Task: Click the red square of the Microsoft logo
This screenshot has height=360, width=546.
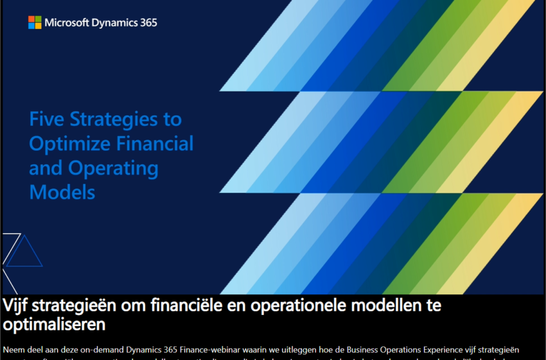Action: click(31, 19)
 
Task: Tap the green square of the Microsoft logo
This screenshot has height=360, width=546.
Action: click(38, 19)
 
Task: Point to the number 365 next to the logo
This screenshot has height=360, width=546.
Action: click(148, 22)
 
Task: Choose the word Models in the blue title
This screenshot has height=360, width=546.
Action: click(62, 192)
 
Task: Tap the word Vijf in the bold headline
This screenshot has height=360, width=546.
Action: click(19, 305)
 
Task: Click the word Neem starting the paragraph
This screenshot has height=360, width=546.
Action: click(15, 350)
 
